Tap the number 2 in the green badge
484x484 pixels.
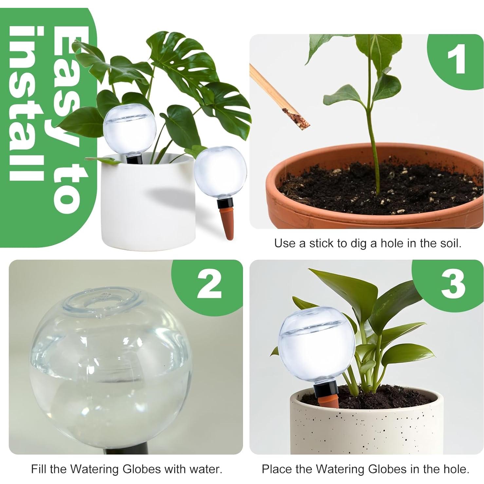209,284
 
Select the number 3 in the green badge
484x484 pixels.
453,284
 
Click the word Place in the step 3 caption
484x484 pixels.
276,469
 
